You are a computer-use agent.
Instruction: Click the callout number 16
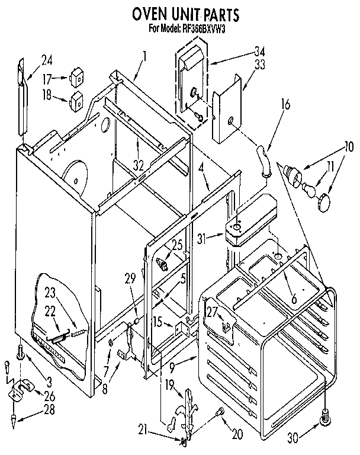click(286, 106)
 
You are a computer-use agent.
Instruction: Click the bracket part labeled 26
click(20, 389)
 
